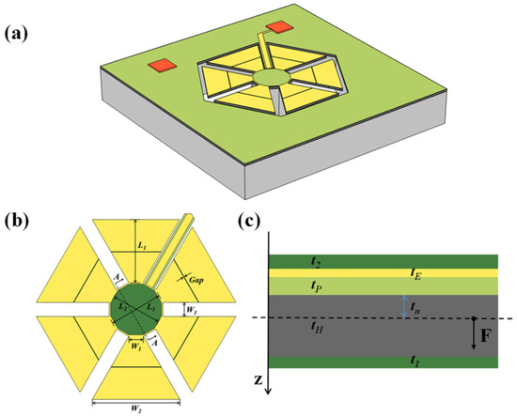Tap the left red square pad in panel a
click(x=161, y=65)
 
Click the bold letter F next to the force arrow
click(x=489, y=332)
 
